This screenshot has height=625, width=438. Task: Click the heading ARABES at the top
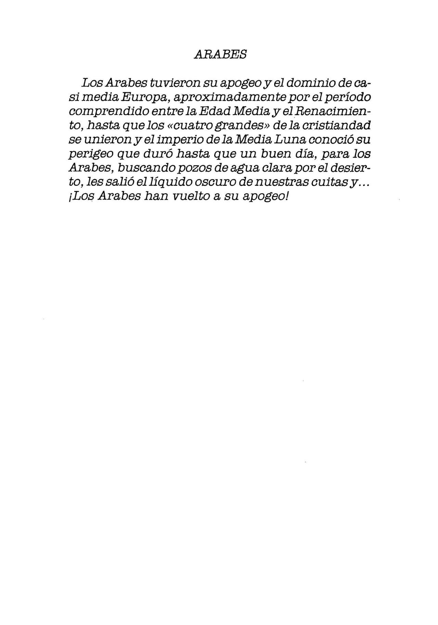coord(220,54)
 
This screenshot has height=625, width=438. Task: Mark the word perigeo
coord(90,155)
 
